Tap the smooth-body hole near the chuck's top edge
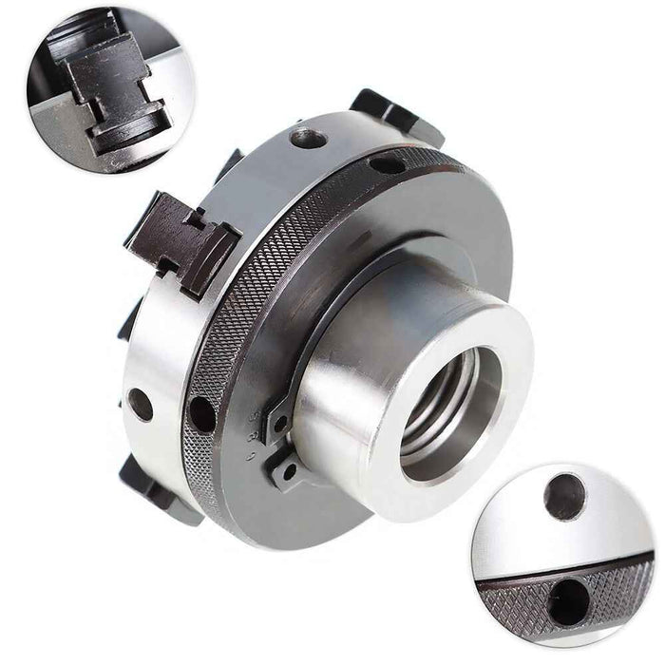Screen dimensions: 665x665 coord(308,140)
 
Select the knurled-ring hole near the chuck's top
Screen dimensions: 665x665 coord(386,164)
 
